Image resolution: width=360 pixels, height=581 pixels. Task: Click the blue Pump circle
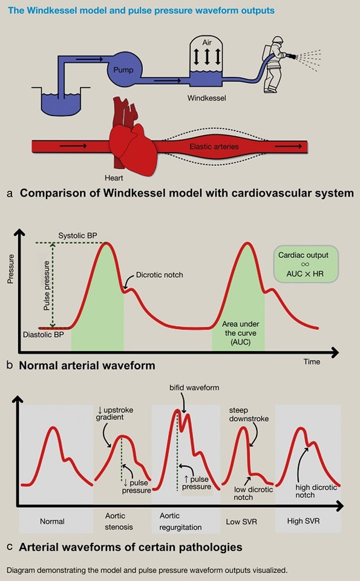click(123, 70)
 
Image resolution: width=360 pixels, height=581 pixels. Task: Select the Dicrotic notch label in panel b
click(160, 275)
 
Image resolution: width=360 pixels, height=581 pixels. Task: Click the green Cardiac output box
click(306, 264)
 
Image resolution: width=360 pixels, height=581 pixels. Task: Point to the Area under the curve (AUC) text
click(238, 333)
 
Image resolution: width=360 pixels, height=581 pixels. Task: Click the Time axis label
click(312, 361)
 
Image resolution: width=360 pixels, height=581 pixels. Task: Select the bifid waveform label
click(194, 387)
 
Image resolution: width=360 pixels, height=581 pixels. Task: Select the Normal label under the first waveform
click(52, 521)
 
